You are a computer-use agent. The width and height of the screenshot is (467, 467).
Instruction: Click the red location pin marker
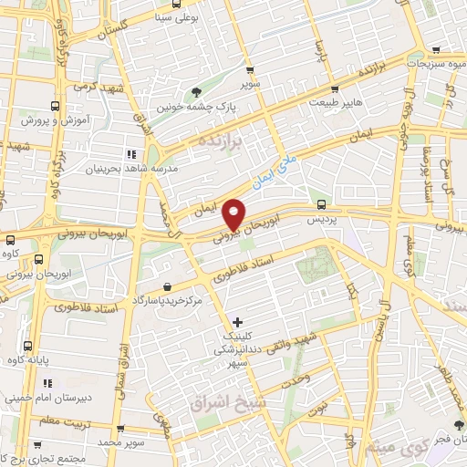coord(235,213)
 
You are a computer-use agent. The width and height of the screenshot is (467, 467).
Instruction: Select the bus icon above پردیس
coord(320,202)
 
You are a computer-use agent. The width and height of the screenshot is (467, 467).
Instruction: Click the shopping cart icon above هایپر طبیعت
coord(336,89)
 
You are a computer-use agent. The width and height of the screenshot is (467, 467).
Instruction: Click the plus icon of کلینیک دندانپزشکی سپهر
coord(237,321)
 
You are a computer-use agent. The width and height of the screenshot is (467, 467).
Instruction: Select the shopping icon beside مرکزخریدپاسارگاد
coord(167,286)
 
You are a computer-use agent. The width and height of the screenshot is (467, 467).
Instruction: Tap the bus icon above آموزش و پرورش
coord(56,106)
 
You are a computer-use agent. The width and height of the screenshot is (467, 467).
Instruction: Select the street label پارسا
coord(318,49)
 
